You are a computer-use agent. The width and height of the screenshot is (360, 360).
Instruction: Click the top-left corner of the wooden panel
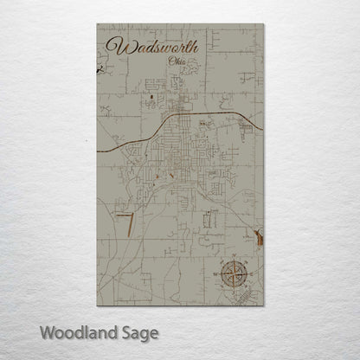tap(97, 24)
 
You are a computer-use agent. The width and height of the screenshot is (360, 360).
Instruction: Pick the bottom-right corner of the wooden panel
tap(264, 309)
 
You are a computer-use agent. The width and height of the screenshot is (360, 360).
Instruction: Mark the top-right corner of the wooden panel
tap(264, 24)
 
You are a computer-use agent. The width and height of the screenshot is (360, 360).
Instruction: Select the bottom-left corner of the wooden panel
tap(97, 309)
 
